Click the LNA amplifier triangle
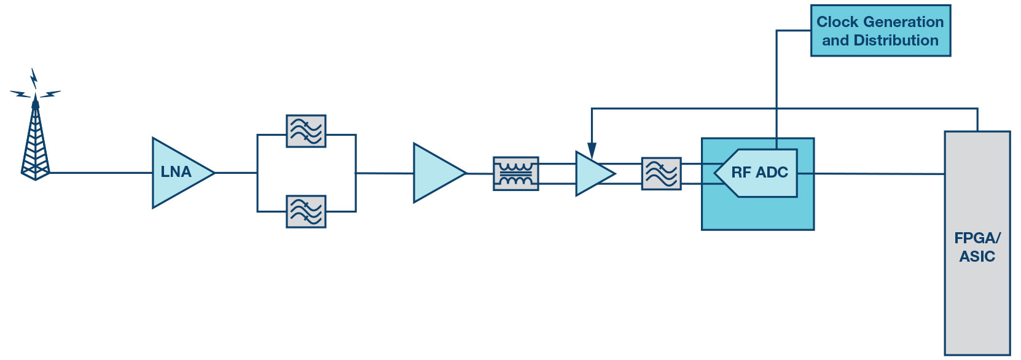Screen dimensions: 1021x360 pos(180,173)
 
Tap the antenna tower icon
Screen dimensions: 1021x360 pos(36,137)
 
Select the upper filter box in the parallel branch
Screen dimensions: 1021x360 pos(306,131)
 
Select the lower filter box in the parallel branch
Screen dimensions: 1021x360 pos(306,211)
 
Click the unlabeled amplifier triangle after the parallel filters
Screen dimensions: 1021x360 pos(437,173)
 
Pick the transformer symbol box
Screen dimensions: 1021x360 pos(516,174)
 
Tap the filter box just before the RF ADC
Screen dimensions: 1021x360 pos(662,174)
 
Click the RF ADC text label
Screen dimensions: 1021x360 pos(760,172)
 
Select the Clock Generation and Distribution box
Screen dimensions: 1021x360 pos(880,31)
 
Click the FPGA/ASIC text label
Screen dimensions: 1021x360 pos(977,247)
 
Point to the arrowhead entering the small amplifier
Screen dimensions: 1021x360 pos(592,151)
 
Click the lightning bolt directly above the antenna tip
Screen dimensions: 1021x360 pos(34,78)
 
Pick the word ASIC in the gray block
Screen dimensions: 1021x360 pos(977,257)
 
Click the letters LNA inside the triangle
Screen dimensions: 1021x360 pos(176,172)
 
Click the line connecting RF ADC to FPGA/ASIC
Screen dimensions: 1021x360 pos(871,174)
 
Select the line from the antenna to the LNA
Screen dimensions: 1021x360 pos(101,173)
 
